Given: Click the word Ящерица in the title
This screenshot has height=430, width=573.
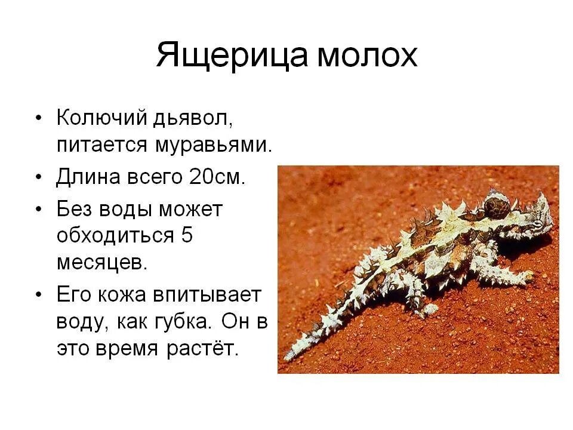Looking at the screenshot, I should click(x=232, y=56).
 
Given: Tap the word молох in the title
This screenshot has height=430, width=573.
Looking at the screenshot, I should click(x=366, y=56).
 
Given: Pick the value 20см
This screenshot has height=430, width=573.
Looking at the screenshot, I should click(x=217, y=177).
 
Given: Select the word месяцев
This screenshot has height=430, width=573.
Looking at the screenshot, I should click(x=101, y=263).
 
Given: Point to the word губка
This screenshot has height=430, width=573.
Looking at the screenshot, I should click(x=183, y=321).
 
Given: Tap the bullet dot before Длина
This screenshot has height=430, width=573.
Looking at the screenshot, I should click(x=38, y=178).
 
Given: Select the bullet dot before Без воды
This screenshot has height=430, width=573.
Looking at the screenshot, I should click(x=38, y=210).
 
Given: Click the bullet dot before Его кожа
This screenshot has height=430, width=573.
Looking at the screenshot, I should click(x=38, y=295).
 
